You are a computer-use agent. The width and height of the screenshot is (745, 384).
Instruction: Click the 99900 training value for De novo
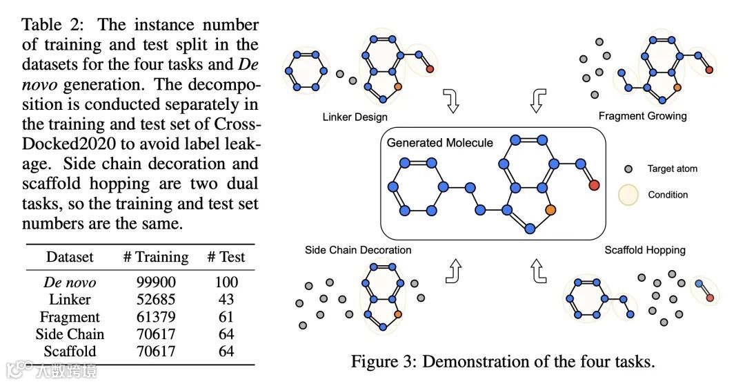[x=156, y=282]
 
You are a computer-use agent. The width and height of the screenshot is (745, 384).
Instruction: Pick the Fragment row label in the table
[x=70, y=317]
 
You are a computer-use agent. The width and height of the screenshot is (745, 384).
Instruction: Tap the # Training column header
[x=156, y=258]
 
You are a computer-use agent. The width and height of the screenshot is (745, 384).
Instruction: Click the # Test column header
[x=226, y=258]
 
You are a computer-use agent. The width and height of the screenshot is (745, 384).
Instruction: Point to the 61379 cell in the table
[x=156, y=317]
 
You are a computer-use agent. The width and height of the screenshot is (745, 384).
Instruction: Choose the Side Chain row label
[x=70, y=334]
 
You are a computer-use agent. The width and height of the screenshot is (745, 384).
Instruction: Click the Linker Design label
[x=355, y=117]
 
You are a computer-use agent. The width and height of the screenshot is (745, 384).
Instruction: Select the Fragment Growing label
[x=642, y=116]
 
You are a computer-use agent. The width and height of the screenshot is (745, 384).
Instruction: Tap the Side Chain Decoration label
[x=358, y=250]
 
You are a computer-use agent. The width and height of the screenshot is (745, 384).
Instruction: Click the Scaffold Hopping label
[x=645, y=250]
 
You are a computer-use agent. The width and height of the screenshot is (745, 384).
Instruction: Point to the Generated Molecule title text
[x=439, y=143]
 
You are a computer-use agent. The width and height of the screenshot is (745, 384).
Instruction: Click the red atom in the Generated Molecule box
[x=594, y=185]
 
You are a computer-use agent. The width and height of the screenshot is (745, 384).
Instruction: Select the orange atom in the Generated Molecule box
[x=550, y=209]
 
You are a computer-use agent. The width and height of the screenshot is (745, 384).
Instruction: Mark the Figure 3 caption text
[x=502, y=361]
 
